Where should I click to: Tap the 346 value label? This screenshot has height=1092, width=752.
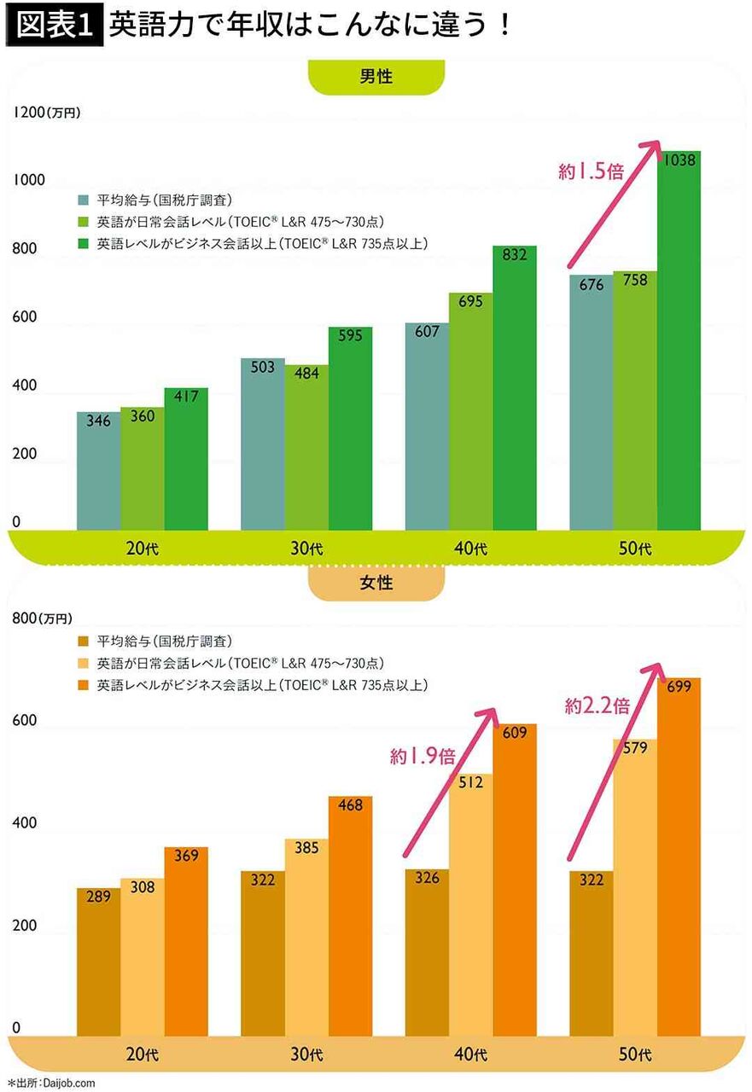tap(98, 421)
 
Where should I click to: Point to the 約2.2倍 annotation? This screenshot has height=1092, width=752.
tap(598, 706)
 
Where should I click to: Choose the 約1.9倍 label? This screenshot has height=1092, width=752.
tap(423, 755)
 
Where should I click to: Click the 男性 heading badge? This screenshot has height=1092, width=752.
tap(376, 77)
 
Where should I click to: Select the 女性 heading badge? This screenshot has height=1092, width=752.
tap(376, 584)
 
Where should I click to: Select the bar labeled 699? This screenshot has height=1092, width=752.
tap(679, 857)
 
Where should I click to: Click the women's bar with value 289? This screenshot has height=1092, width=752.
tap(98, 964)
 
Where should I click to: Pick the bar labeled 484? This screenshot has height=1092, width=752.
tap(306, 448)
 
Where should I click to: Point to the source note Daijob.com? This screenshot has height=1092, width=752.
tap(51, 1083)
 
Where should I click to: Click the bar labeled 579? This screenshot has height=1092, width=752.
tap(634, 887)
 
